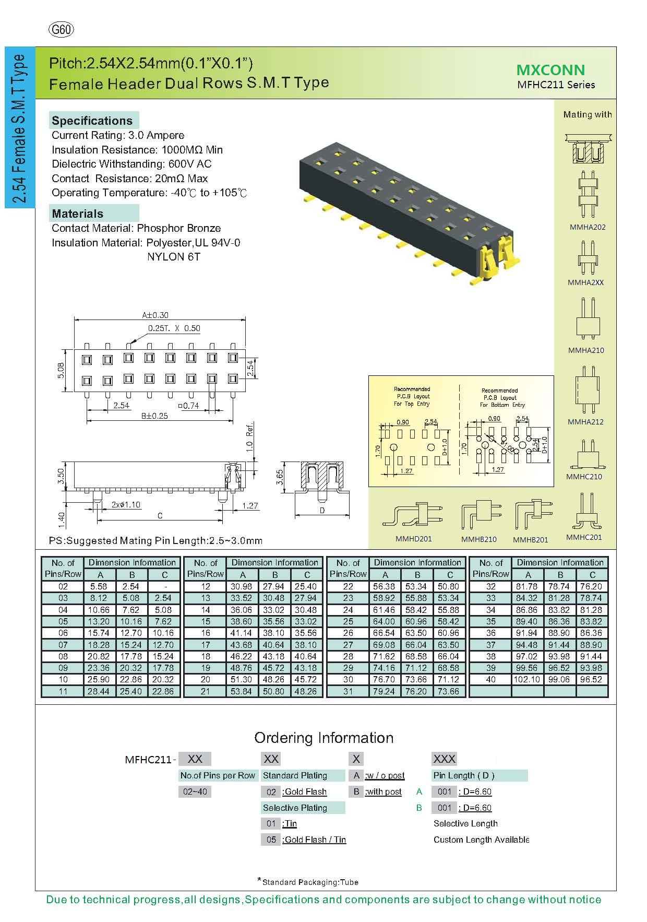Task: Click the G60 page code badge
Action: pos(61,30)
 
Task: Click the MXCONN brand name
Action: pos(550,70)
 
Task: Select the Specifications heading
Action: pos(92,121)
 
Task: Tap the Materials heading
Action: pos(78,214)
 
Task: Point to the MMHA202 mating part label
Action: pos(588,227)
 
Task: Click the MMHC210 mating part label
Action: pos(584,477)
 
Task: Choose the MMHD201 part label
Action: pos(413,539)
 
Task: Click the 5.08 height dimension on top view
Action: pos(61,370)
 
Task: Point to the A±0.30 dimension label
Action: pos(155,315)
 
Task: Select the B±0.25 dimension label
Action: pos(154,416)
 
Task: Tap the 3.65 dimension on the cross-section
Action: pos(280,477)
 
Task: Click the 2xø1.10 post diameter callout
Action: pos(126,505)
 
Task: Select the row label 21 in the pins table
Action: pos(206,691)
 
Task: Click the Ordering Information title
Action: pos(323,738)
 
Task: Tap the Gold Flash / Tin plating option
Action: pos(314,840)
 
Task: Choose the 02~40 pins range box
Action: pos(195,791)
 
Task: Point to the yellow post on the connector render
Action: pos(490,254)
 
